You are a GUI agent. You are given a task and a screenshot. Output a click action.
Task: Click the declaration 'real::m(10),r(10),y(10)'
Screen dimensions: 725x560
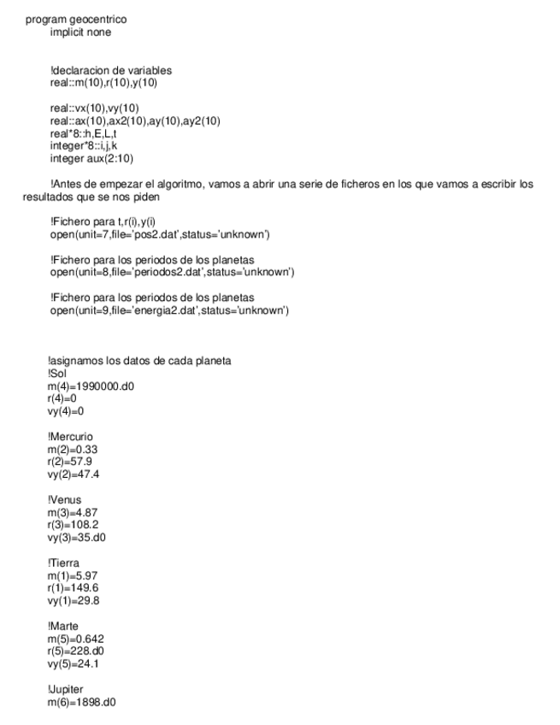pos(103,83)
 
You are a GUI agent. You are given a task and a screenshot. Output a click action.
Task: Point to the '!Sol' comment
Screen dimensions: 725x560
pos(57,373)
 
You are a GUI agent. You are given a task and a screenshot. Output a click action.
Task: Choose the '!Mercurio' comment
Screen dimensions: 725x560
pos(71,437)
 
